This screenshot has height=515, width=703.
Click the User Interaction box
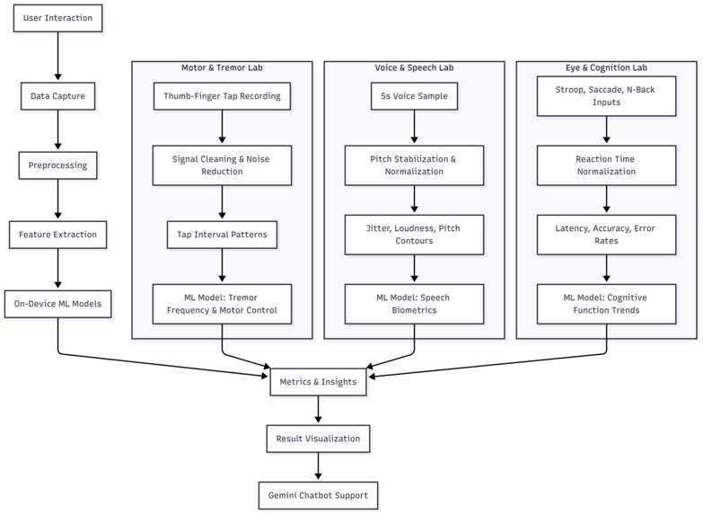click(x=57, y=18)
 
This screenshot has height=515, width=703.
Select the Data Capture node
click(x=57, y=95)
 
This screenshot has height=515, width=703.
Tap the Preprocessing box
click(x=57, y=165)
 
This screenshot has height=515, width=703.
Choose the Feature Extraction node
click(x=57, y=235)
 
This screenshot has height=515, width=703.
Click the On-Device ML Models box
click(x=57, y=304)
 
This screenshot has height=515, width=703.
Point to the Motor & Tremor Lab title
click(x=222, y=68)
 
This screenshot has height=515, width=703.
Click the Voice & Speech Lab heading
click(x=414, y=68)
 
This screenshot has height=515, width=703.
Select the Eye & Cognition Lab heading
click(x=606, y=68)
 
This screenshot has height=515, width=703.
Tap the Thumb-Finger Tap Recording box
click(x=222, y=96)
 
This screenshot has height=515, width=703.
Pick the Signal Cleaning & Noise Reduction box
click(x=222, y=165)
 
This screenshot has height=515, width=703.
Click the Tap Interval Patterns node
click(x=222, y=235)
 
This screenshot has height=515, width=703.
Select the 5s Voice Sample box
click(x=414, y=96)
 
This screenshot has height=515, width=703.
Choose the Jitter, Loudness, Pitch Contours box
click(x=414, y=235)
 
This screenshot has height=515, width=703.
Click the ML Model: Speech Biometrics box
click(x=414, y=305)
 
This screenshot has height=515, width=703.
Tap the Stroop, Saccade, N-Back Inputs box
click(x=606, y=96)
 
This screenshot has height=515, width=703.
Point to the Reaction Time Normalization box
click(x=606, y=165)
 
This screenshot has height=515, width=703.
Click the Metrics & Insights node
click(x=318, y=382)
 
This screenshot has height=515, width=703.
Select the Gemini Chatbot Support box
click(x=318, y=495)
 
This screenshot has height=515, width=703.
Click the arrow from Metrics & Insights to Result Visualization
click(x=318, y=411)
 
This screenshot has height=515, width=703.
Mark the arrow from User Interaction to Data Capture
click(x=57, y=57)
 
